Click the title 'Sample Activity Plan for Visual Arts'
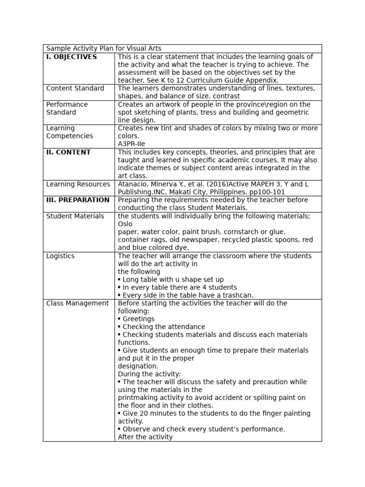pos(104,49)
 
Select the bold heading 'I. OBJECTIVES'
pos(71,57)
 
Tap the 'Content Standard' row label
pos(75,88)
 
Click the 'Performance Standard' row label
pos(67,108)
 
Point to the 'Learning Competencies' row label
pos(69,132)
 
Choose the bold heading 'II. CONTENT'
pos(68,153)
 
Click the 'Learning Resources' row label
pos(78,185)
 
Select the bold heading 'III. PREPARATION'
pos(78,200)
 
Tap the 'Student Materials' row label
pos(75,216)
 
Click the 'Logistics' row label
pos(60,256)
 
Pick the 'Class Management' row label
pos(77,303)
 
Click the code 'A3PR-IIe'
pos(132,144)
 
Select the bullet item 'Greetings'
pos(138,319)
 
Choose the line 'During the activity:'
pos(149,374)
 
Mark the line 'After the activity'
pos(145,437)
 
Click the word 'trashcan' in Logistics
pos(236,295)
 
